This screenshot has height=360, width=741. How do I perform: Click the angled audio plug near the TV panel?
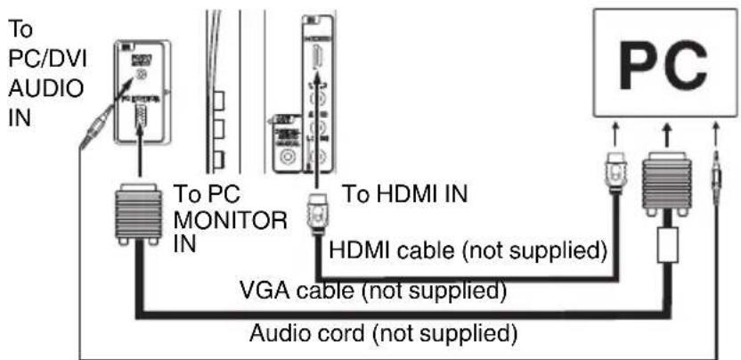pyautogui.click(x=94, y=125)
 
